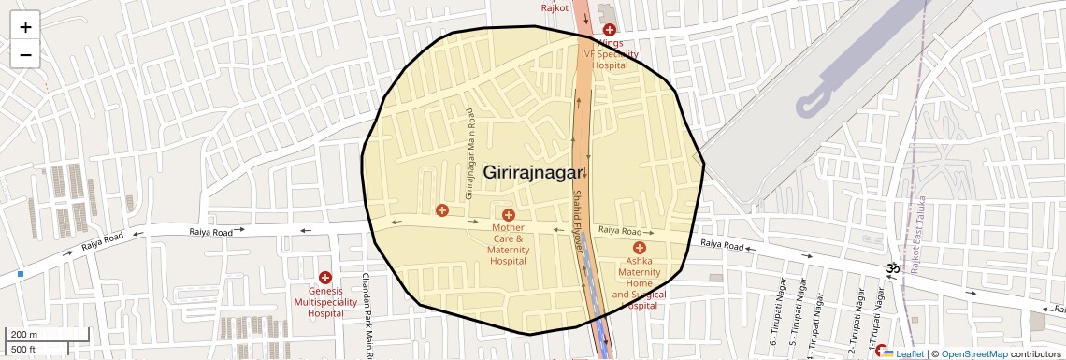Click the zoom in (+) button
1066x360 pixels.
click(25, 27)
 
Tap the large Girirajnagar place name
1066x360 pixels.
click(533, 172)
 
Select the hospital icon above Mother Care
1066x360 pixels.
click(509, 216)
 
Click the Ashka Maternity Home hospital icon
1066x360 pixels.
click(640, 248)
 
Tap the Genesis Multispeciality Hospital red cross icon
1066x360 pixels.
click(325, 278)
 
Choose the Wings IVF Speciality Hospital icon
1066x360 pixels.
click(609, 30)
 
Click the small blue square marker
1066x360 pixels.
click(20, 274)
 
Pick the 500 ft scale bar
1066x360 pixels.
click(23, 349)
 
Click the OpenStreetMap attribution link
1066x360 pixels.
click(973, 354)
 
